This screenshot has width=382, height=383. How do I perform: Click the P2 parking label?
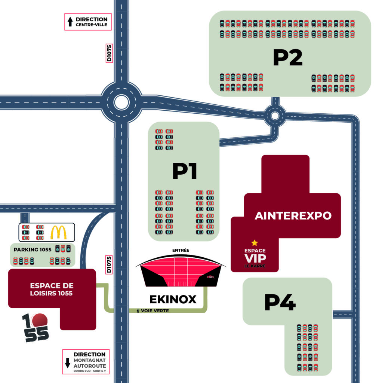point(287,58)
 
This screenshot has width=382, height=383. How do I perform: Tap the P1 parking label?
point(185,171)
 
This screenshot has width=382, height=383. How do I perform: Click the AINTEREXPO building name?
point(293,215)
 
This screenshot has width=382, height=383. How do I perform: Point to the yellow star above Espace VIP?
point(255,243)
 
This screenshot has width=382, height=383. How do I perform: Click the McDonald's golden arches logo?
point(59,232)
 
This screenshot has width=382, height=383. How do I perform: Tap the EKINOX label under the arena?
point(173,299)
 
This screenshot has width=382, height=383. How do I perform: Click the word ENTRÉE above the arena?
point(181,250)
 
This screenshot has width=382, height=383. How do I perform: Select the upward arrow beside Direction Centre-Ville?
point(70,22)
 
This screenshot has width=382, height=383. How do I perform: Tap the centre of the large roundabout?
point(121,102)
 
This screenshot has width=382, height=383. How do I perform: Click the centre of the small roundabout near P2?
point(275,116)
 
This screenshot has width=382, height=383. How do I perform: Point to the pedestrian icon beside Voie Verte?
point(139,310)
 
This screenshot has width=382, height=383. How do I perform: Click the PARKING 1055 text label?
point(33,249)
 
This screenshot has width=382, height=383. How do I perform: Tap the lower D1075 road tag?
point(109,264)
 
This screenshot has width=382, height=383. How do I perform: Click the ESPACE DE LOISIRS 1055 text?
point(52,289)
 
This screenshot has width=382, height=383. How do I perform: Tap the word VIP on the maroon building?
point(255,258)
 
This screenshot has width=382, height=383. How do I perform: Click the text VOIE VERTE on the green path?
point(155,310)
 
